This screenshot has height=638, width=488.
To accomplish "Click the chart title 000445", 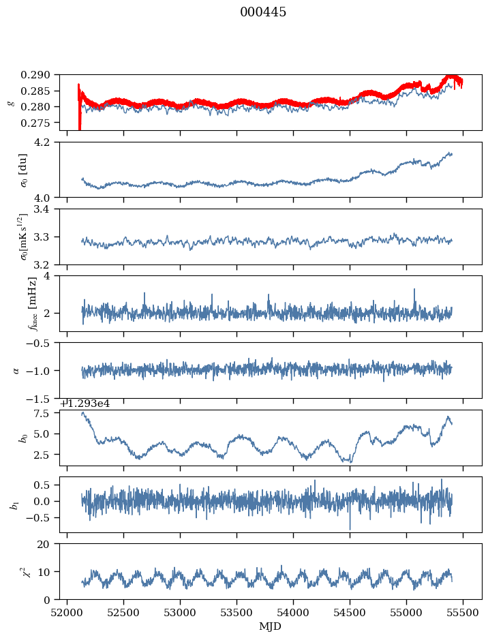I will coord(263,12).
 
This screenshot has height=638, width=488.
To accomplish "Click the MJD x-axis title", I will coord(270,626).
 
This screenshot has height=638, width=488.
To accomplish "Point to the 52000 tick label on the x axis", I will coord(67,613).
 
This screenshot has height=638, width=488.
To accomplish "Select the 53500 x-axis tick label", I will coord(237,613).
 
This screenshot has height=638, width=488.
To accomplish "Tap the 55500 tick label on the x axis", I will coord(463,613).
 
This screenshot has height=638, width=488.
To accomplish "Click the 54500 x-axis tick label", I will coord(350,613).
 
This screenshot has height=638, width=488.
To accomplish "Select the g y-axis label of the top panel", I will coord(10,102).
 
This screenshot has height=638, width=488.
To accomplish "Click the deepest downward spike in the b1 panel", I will coord(350,528).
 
